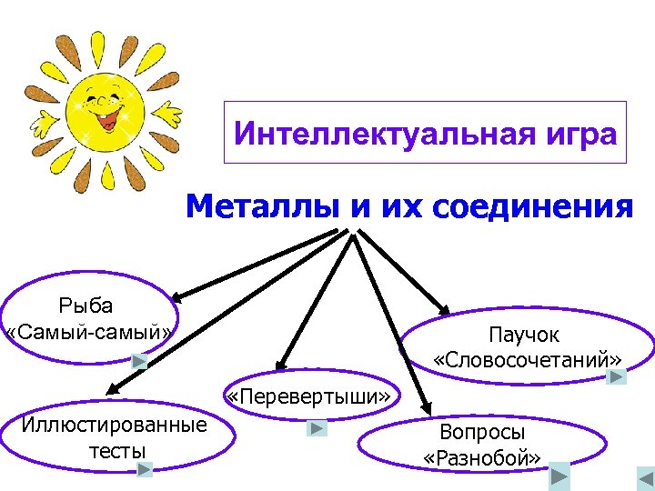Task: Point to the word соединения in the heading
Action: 531,206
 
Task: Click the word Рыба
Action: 86,305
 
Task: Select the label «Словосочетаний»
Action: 529,358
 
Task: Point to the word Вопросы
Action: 482,432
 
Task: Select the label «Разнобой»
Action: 482,456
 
